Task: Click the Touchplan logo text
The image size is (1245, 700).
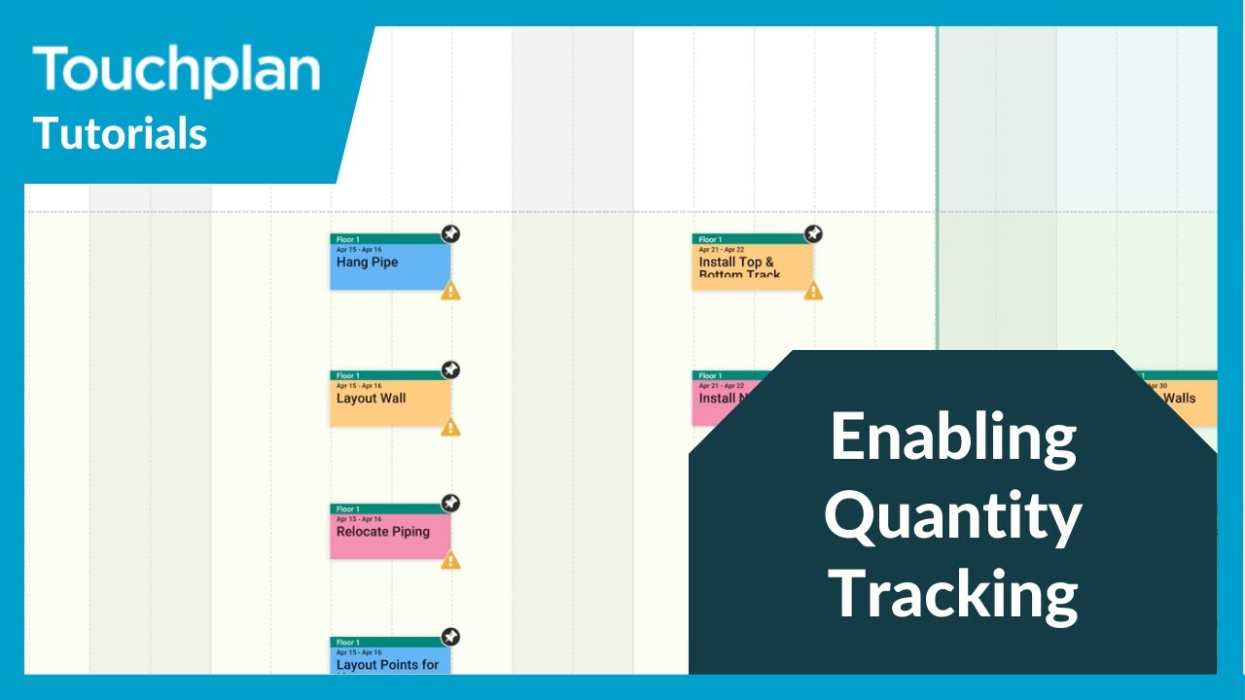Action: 176,71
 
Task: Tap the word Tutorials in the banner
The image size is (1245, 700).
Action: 121,133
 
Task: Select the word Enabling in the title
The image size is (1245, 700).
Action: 952,437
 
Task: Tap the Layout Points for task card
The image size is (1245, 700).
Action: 389,661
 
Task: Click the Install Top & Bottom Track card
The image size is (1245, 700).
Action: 752,265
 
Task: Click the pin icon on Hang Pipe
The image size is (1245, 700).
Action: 450,233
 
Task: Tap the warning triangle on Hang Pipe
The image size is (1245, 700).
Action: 450,291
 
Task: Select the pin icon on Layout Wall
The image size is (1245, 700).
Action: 450,369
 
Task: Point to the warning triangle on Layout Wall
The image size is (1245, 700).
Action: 450,427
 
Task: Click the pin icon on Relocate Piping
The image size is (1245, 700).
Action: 450,503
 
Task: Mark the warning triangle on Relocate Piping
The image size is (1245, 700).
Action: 450,560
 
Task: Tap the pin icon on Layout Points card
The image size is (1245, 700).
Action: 450,636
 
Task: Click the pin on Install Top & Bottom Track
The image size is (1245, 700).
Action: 813,233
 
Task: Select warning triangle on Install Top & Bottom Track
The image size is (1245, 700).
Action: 813,291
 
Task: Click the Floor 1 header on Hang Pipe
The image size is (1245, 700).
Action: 389,238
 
